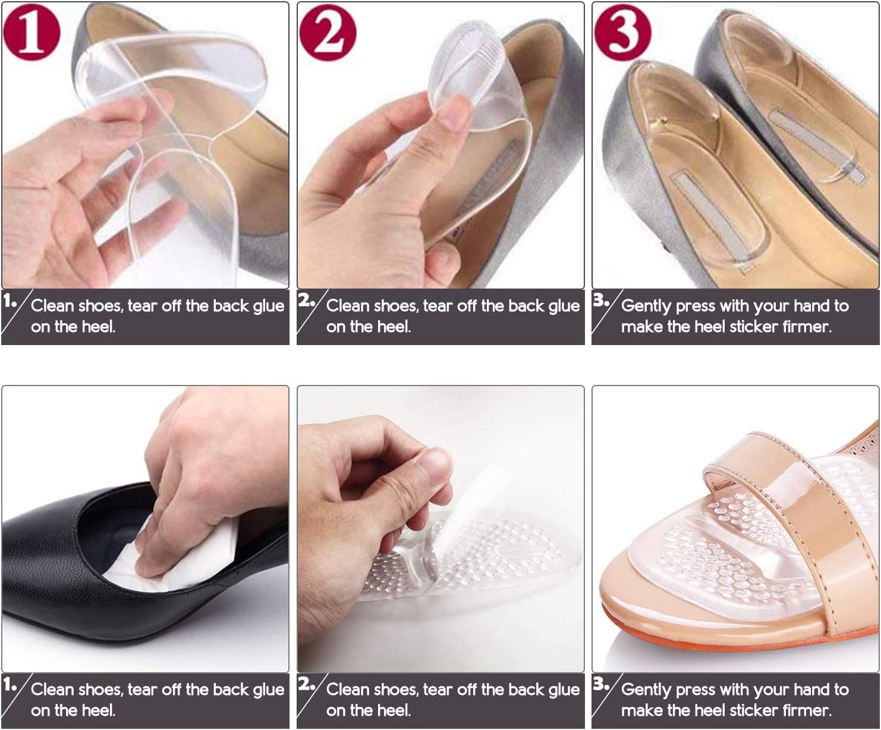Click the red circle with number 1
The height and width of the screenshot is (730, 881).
32,33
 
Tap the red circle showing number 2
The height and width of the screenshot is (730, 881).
328,33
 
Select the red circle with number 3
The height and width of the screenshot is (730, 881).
623,33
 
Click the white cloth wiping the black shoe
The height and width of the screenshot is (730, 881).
177,557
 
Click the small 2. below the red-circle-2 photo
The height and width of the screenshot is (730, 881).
306,300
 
